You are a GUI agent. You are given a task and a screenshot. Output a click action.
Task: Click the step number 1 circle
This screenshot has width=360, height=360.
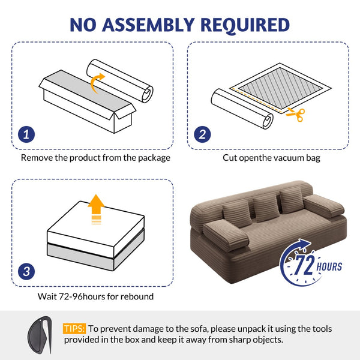[x=26, y=134]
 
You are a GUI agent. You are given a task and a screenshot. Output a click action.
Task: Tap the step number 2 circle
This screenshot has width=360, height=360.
[x=202, y=134]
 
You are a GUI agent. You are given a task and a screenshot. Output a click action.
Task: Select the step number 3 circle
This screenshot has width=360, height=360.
[x=26, y=271]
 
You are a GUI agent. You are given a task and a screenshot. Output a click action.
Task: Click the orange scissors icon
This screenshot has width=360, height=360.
[x=296, y=114]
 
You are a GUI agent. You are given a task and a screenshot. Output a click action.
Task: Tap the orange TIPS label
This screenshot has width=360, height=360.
[x=74, y=329]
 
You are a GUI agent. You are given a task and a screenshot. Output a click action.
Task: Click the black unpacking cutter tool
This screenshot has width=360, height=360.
[x=40, y=335]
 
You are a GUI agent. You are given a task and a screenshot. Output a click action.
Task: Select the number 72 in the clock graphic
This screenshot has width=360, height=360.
[x=304, y=265]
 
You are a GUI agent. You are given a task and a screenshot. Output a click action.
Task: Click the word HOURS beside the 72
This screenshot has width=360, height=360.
[x=329, y=267]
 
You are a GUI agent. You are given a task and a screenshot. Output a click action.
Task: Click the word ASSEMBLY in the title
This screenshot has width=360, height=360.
[x=148, y=25]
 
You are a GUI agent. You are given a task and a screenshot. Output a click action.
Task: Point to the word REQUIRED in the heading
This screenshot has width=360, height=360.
[x=245, y=25]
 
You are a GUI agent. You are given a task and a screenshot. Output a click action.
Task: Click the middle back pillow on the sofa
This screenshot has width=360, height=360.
[x=266, y=208]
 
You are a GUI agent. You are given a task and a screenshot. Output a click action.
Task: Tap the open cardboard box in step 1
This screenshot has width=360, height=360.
[x=88, y=101]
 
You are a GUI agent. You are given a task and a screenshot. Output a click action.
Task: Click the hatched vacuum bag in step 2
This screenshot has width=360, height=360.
[x=280, y=88]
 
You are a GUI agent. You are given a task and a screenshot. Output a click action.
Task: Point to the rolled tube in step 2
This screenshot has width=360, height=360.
[x=242, y=109]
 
